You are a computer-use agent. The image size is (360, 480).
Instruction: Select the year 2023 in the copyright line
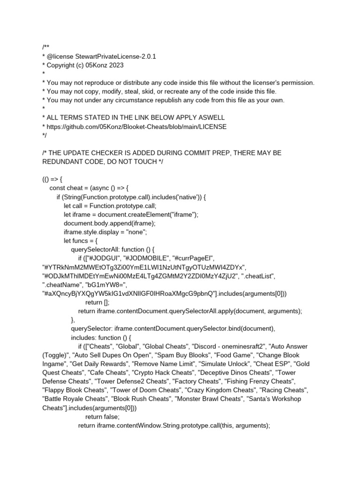pos(116,65)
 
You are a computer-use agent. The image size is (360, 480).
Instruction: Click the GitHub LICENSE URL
pos(136,127)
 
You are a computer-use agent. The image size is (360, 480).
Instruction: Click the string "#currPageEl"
pos(194,258)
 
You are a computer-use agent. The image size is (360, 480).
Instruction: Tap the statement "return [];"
pos(97,302)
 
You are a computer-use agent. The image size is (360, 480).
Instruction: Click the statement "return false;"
pos(102,416)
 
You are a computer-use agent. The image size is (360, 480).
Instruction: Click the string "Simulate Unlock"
pos(224,364)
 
